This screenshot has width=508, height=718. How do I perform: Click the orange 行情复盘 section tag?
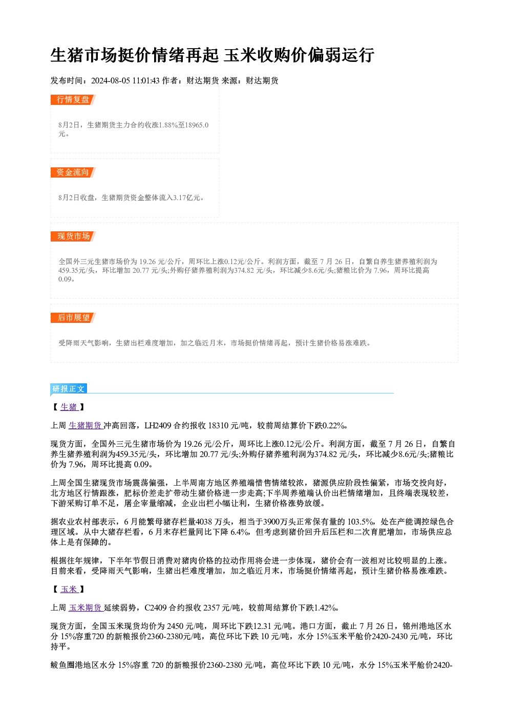pos(73,100)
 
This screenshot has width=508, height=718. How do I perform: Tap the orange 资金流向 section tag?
pos(73,172)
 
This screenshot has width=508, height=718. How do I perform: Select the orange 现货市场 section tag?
pos(73,236)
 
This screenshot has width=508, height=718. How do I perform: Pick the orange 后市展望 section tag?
pos(73,318)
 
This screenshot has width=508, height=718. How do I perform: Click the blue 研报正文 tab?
pos(69,388)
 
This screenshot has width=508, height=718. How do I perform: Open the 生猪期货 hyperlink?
pos(86,425)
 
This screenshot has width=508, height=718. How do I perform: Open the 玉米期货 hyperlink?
pos(86,607)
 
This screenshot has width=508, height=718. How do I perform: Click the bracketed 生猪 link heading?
pos(69,407)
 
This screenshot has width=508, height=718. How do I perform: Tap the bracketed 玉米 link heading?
pos(69,589)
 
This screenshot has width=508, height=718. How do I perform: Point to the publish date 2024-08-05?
pos(111,80)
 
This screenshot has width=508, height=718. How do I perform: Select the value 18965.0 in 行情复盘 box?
pos(197,125)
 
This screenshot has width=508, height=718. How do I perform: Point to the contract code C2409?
pos(156,607)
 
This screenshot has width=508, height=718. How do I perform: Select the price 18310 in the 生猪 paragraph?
pos(218,425)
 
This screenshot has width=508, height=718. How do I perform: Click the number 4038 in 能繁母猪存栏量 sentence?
pos(203,521)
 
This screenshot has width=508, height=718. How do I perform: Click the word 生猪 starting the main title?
pos(67,55)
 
